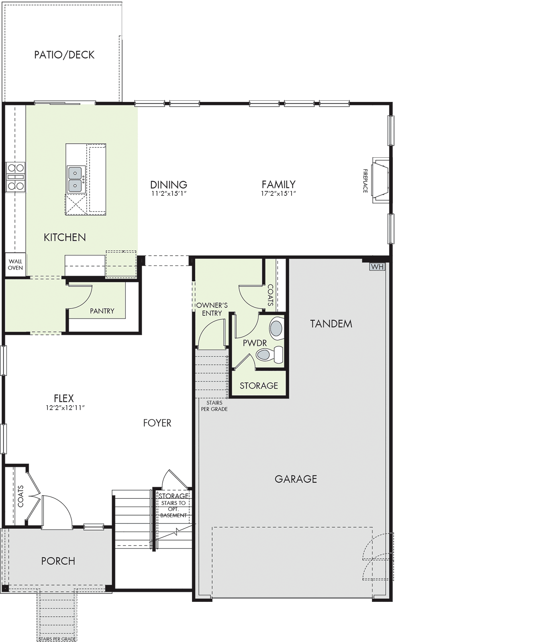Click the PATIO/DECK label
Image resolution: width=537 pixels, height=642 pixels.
tap(64, 55)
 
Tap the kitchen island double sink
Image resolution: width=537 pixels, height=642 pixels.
tap(76, 179)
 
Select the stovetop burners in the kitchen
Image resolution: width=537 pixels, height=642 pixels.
tap(16, 177)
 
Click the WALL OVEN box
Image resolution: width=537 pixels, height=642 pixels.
tap(16, 264)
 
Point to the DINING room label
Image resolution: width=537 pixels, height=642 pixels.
tap(169, 185)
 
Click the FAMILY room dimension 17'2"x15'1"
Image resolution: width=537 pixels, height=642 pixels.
tap(279, 193)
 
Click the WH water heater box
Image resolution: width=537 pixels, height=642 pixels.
tap(377, 267)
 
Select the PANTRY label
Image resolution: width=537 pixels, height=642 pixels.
tap(102, 311)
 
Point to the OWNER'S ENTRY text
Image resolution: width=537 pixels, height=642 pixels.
tap(212, 309)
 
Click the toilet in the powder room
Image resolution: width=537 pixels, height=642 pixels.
tap(270, 355)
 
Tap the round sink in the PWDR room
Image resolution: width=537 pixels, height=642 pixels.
tap(276, 327)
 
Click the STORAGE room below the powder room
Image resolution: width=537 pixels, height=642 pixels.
tap(259, 384)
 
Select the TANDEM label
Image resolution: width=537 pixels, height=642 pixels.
tap(331, 324)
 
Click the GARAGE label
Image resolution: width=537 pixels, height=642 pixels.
tap(296, 479)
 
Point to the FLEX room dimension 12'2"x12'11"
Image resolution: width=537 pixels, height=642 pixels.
tap(65, 408)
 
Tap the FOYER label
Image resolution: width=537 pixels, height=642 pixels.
tap(157, 423)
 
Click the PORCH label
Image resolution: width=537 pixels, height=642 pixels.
tap(58, 561)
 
